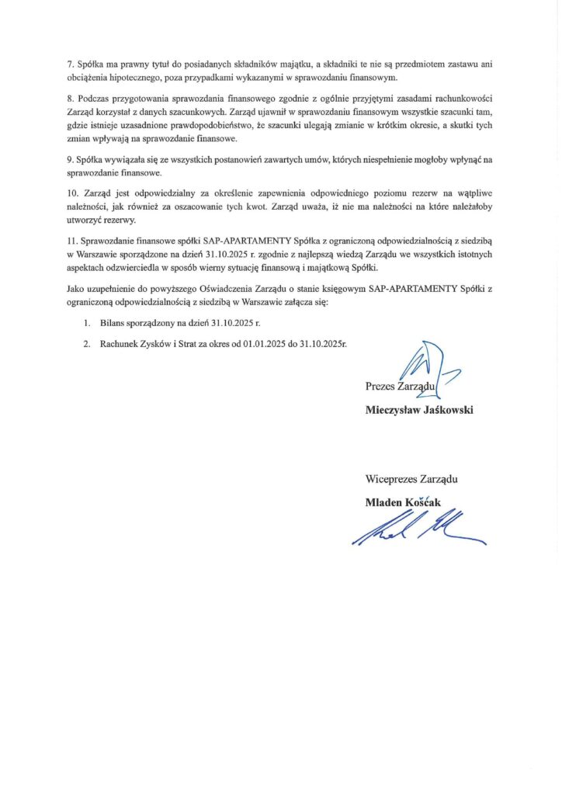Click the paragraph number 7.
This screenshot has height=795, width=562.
71,64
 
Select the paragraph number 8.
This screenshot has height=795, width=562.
71,102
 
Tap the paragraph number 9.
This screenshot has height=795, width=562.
71,159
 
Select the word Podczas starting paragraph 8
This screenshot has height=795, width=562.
96,102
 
